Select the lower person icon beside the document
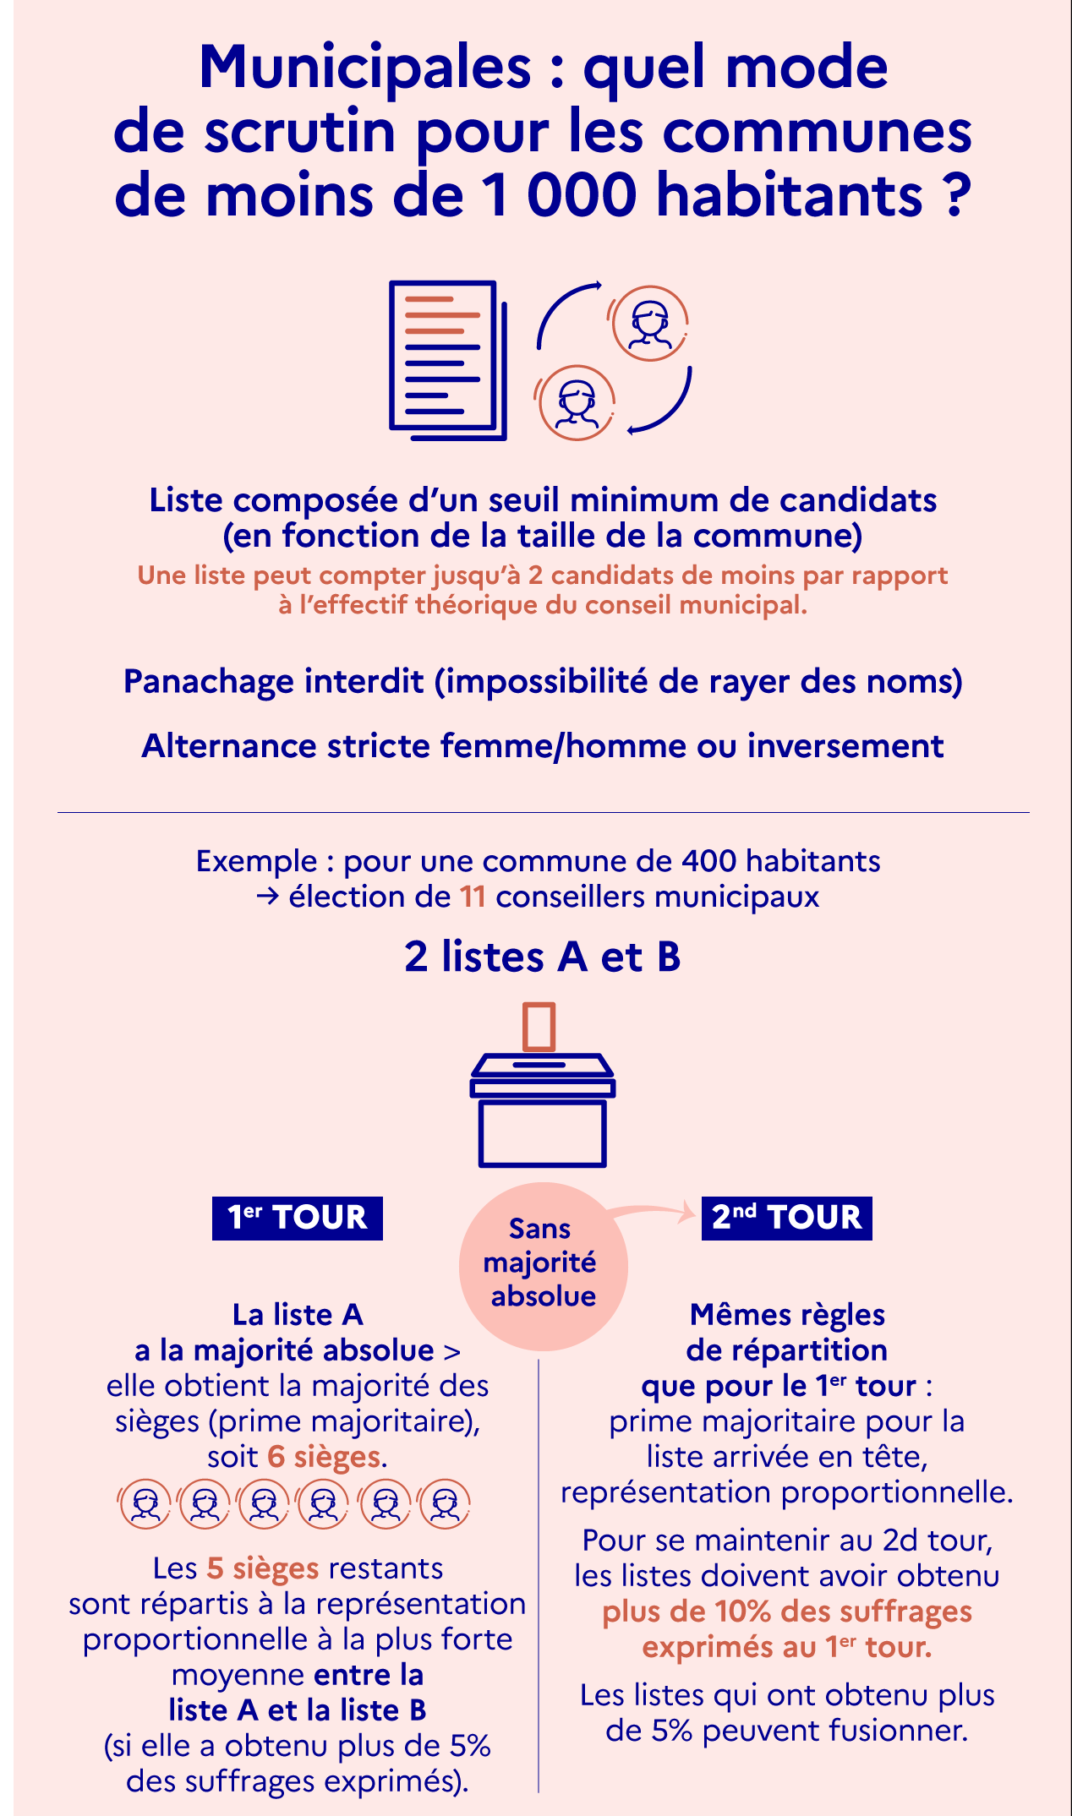577,402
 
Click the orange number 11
473,897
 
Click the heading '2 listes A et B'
542,957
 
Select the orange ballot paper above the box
539,1027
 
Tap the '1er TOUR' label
298,1218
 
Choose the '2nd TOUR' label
786,1218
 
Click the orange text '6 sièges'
324,1457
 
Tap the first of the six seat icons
146,1503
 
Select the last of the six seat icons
445,1503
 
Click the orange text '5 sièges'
263,1568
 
